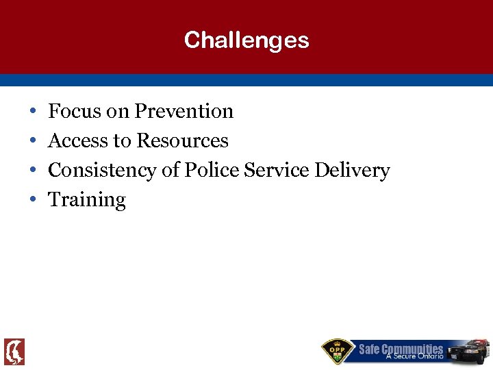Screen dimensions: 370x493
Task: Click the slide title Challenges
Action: coord(246,40)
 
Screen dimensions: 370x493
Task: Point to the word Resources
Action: coord(182,140)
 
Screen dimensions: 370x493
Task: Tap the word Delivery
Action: coord(352,170)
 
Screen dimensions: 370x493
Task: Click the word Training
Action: coord(87,200)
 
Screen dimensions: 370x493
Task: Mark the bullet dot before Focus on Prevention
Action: coord(33,112)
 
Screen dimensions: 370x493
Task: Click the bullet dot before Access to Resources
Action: coord(33,141)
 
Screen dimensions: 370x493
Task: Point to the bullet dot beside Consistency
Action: coord(33,171)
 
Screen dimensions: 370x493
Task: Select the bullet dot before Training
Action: coord(33,200)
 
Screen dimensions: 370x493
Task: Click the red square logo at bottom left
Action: coord(14,351)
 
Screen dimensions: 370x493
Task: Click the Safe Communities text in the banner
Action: coord(401,348)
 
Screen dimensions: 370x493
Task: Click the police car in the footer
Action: coord(468,350)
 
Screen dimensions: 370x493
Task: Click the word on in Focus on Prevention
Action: coord(118,111)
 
